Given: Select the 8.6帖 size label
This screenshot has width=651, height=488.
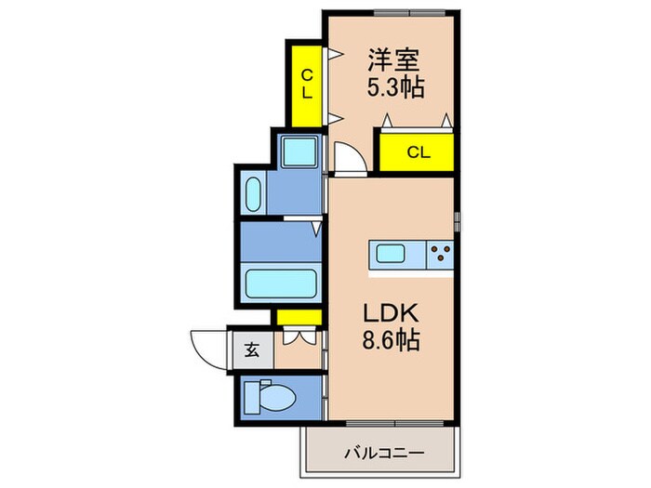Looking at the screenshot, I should click(x=392, y=341).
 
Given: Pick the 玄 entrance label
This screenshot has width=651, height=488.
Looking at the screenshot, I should click(x=251, y=350).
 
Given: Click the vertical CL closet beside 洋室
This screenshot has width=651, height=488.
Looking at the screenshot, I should click(x=306, y=85).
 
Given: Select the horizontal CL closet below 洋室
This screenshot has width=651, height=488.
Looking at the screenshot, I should click(x=416, y=152).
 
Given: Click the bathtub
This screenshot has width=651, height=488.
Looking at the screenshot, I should click(x=279, y=281).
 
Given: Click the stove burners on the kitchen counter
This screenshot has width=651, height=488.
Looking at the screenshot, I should click(x=441, y=252).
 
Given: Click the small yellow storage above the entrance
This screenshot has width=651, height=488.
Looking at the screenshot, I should click(x=298, y=317).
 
